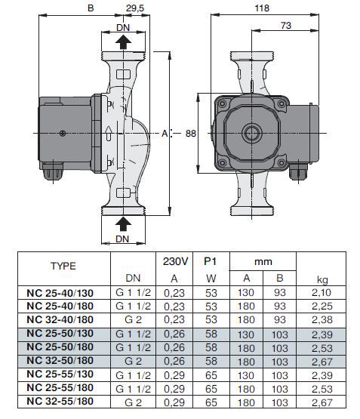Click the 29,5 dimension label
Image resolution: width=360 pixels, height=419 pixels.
click(135, 8)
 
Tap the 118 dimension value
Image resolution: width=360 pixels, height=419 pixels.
click(262, 8)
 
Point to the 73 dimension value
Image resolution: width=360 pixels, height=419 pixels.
click(286, 26)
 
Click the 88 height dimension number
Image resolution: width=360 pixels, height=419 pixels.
click(191, 134)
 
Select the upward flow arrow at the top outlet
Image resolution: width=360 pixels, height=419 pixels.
click(123, 42)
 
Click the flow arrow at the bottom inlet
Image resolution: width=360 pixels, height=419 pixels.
click(123, 223)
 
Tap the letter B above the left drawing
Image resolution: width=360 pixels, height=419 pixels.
click(91, 8)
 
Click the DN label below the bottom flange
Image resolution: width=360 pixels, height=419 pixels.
click(122, 239)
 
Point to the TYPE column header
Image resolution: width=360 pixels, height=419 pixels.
click(63, 266)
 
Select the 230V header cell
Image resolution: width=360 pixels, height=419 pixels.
click(175, 261)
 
